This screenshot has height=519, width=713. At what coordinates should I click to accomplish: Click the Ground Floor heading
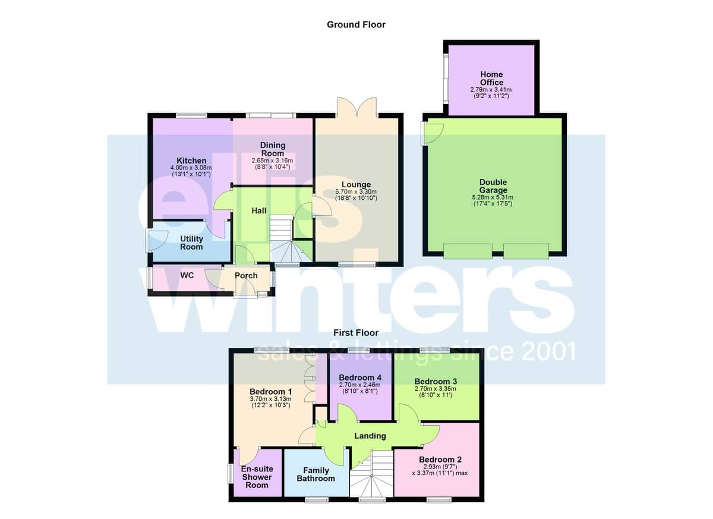point(356,25)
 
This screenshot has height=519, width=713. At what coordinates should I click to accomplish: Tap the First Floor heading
point(356,333)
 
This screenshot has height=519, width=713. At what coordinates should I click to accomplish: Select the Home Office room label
point(491,78)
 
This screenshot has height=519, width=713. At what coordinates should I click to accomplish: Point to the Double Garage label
point(493,186)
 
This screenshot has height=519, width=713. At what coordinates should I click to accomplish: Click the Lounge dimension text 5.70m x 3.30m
point(356,191)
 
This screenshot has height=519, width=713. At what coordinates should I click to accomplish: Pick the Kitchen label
point(191,161)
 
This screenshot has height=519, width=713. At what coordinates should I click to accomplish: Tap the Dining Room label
point(273,149)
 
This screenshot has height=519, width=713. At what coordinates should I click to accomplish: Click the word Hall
point(259,211)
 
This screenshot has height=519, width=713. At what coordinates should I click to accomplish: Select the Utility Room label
point(191,243)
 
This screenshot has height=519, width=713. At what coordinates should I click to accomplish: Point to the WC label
point(187,275)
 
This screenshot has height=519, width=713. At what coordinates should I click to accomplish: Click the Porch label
point(246,275)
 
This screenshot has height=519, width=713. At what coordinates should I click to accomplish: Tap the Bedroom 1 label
point(270,392)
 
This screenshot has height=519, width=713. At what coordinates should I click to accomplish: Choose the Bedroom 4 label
point(360,378)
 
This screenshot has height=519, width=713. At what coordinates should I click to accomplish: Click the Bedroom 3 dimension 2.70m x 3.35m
point(436,389)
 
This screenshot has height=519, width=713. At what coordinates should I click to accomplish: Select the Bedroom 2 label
point(440,460)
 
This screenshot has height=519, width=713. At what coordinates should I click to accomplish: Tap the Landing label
point(370,436)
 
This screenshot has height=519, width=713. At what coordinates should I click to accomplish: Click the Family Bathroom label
point(316,474)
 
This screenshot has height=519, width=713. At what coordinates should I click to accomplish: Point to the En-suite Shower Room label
point(257,477)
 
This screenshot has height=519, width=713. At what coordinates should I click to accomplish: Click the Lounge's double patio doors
point(357,107)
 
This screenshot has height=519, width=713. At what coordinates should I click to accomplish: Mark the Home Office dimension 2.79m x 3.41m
point(491,90)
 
